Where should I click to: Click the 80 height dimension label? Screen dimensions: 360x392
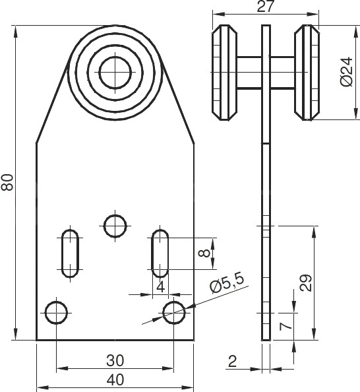[7, 183]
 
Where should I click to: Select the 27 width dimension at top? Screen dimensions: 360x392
[265, 6]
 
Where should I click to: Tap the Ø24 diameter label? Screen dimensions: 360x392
[347, 72]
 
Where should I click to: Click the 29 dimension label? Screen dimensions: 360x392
[305, 283]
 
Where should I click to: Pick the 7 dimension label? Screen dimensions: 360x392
[286, 327]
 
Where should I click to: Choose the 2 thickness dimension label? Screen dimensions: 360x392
[232, 361]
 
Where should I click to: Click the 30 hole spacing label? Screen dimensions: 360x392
[115, 361]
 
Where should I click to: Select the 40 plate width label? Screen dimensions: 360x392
[115, 380]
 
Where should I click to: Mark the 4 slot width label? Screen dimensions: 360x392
[160, 287]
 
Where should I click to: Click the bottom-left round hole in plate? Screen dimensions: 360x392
[57, 313]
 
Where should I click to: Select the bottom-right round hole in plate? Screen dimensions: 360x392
[174, 313]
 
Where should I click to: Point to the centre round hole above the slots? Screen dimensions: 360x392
[115, 226]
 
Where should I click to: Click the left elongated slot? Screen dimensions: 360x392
[70, 253]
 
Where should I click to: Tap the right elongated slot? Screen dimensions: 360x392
[160, 253]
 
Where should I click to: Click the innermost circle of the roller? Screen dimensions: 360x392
[115, 72]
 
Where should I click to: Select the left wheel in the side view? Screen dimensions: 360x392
[224, 73]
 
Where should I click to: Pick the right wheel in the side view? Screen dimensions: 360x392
[307, 73]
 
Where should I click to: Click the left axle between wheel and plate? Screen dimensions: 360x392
[249, 73]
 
